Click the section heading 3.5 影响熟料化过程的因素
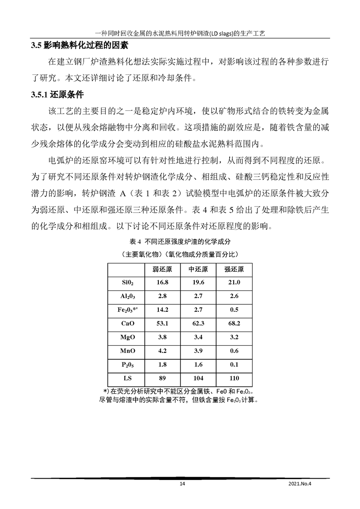(x=79, y=45)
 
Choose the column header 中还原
(x=198, y=269)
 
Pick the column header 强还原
(x=234, y=269)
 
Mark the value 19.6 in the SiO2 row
(x=198, y=283)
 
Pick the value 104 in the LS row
(x=198, y=378)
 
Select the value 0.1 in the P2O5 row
(x=234, y=364)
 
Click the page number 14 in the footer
(x=182, y=484)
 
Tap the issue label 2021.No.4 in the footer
(x=301, y=484)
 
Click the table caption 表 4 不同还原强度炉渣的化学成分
(x=180, y=241)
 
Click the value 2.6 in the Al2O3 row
(x=234, y=296)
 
